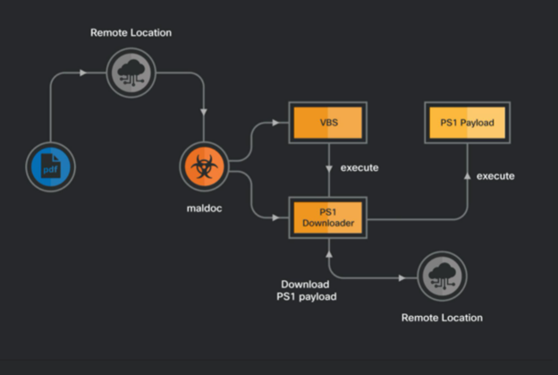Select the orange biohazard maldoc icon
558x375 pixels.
[x=205, y=167]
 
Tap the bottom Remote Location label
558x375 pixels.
[x=441, y=318]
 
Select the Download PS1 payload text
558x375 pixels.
[x=309, y=290]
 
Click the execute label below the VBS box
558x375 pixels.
[x=360, y=167]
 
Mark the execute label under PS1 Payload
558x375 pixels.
[x=495, y=175]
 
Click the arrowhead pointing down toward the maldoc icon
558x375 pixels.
[x=205, y=113]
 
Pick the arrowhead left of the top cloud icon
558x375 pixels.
[x=83, y=72]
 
